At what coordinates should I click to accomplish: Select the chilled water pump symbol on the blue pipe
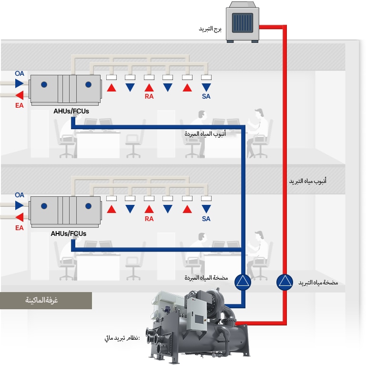tap(243, 282)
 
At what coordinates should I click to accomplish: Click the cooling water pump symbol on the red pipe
tap(285, 282)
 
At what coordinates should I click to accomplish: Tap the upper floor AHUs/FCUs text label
tap(71, 111)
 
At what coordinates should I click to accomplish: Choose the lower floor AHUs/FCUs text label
tap(69, 233)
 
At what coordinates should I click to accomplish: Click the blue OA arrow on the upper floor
tap(19, 83)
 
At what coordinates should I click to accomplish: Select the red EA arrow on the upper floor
tap(19, 95)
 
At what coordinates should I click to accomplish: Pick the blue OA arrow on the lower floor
tap(19, 205)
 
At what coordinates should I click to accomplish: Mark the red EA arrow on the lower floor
tap(19, 217)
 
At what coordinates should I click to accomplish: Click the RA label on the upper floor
tap(149, 97)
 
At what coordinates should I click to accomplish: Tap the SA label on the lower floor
tap(206, 219)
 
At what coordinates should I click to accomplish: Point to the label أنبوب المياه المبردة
tap(205, 134)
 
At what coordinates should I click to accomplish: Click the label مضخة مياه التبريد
tap(318, 283)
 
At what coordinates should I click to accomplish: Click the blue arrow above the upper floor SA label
tap(206, 88)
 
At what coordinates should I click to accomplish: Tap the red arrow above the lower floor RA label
tap(149, 209)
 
